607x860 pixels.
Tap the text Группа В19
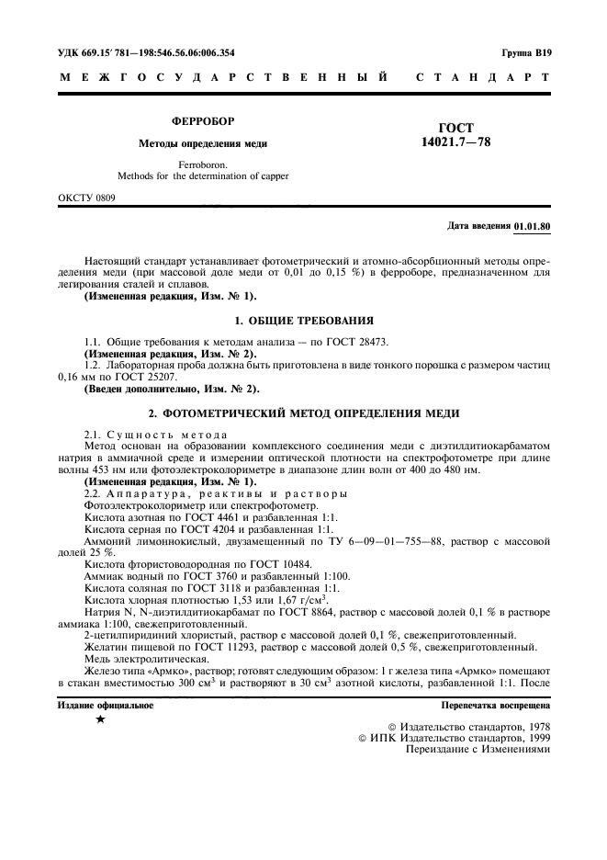526,53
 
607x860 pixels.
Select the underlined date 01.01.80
533,226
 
